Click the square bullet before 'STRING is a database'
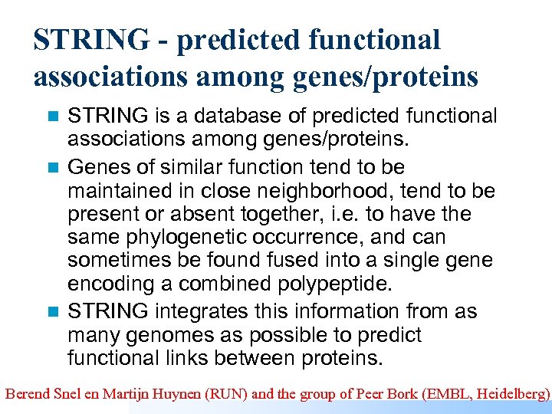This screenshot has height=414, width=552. coord(53,117)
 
